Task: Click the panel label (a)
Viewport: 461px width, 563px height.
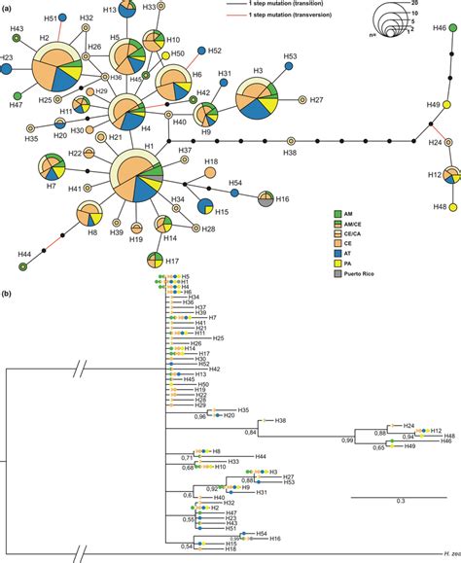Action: click(x=7, y=7)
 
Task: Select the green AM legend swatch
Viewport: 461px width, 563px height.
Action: click(x=312, y=213)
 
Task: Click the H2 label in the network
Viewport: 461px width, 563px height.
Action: click(x=44, y=39)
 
